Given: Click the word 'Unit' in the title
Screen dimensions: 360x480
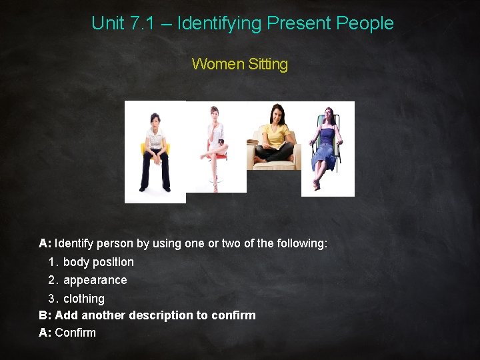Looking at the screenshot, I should pyautogui.click(x=107, y=23).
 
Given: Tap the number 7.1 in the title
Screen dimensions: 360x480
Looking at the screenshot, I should pyautogui.click(x=145, y=23).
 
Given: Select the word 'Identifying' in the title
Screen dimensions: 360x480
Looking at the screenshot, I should pyautogui.click(x=219, y=23).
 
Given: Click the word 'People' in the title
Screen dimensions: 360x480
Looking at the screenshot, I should pyautogui.click(x=365, y=23).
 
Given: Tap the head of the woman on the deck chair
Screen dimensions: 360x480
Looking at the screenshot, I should pyautogui.click(x=327, y=114).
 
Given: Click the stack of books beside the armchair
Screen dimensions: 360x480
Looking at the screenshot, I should pyautogui.click(x=253, y=141).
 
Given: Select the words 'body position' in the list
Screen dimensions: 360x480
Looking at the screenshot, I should pyautogui.click(x=99, y=262).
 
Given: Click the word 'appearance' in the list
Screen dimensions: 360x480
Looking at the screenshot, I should pyautogui.click(x=95, y=280).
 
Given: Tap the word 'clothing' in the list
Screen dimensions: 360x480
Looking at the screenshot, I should pyautogui.click(x=84, y=298).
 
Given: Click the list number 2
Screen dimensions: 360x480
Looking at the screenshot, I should pyautogui.click(x=53, y=280).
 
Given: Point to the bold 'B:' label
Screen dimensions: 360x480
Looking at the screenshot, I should pyautogui.click(x=45, y=315).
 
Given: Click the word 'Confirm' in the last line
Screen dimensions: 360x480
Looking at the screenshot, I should pyautogui.click(x=75, y=333).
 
